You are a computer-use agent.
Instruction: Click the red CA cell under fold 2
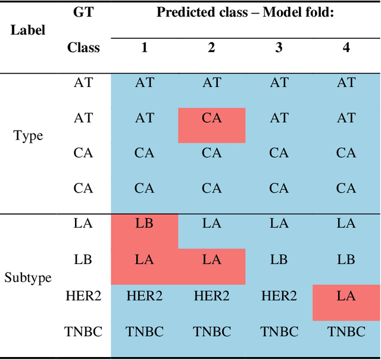coord(211,119)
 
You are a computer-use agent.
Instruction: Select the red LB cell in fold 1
coord(144,224)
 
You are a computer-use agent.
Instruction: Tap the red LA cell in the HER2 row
coord(346,297)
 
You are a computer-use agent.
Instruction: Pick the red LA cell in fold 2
coord(211,260)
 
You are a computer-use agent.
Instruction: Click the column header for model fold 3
coord(279,48)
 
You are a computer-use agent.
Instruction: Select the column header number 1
coord(144,48)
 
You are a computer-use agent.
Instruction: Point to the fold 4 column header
coord(346,48)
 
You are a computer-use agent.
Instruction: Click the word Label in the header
coord(28,30)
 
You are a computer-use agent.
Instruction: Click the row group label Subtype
coord(27,278)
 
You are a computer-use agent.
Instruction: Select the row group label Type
coord(28,136)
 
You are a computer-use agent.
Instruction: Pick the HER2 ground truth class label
coord(83,297)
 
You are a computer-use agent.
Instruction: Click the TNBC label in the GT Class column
coord(83,332)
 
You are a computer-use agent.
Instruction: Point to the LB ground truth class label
coord(83,260)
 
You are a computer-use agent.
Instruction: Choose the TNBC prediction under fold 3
coord(279,332)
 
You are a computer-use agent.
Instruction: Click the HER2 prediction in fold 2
coord(211,297)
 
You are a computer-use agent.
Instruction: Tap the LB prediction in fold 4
coord(346,260)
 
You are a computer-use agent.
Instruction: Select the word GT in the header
coord(83,12)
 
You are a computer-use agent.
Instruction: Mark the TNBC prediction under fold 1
coord(144,332)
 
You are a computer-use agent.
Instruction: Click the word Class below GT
coord(83,48)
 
